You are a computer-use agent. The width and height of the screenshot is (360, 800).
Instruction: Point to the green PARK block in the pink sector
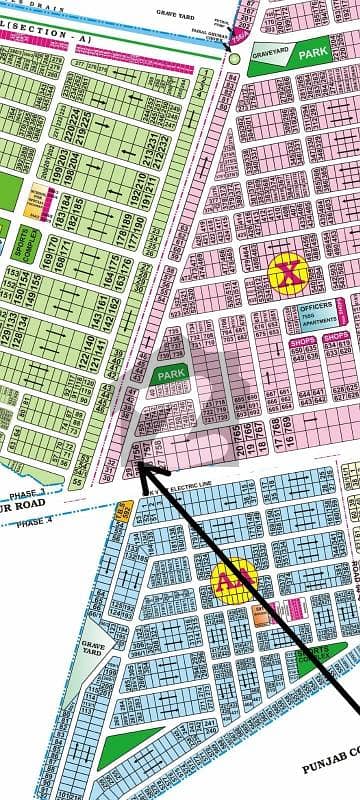(164, 375)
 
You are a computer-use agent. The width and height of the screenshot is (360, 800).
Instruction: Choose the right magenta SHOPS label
(336, 342)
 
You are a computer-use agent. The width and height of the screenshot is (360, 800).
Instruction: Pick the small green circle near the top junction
(234, 59)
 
